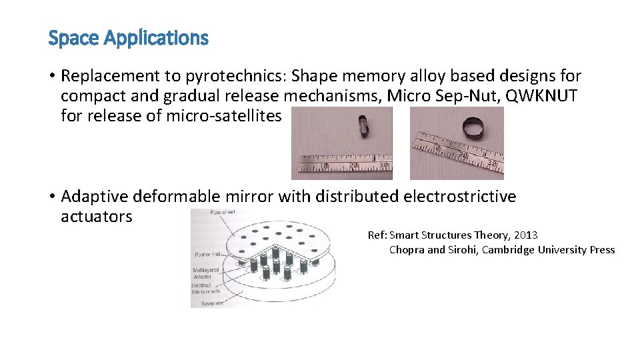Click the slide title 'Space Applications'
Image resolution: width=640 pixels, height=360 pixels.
(x=128, y=38)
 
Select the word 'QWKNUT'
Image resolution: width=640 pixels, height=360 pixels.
(x=541, y=96)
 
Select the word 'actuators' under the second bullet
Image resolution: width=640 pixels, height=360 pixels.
(x=96, y=217)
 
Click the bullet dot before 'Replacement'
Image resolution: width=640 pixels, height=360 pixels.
(x=51, y=77)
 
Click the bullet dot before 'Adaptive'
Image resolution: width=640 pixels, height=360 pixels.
(x=51, y=197)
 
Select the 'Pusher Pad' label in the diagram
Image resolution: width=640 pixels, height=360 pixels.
(x=208, y=255)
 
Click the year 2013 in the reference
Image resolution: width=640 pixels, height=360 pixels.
(x=525, y=235)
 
